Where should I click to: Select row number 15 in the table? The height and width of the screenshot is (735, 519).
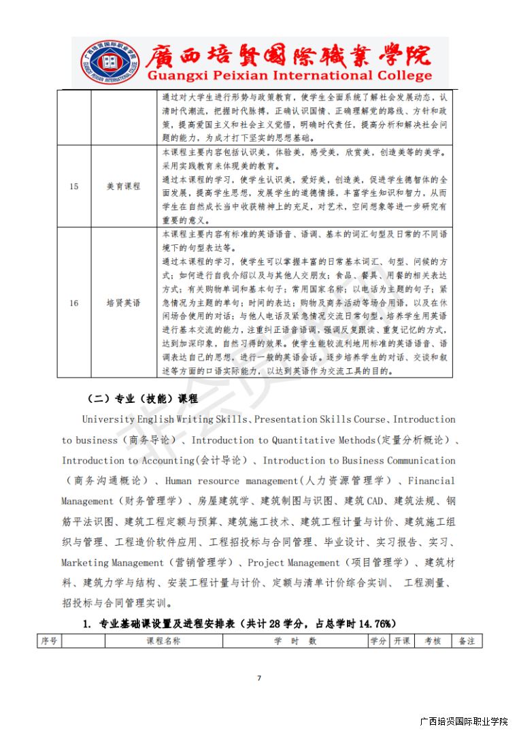click(x=74, y=186)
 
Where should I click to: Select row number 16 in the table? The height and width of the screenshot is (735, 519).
click(x=74, y=303)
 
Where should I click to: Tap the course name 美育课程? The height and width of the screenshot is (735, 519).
click(x=124, y=186)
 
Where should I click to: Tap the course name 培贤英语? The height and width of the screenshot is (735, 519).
click(x=124, y=303)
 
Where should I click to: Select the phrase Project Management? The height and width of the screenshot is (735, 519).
click(x=293, y=563)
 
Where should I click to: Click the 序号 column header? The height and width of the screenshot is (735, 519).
click(x=49, y=641)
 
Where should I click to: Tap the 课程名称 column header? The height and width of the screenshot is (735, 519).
click(x=163, y=641)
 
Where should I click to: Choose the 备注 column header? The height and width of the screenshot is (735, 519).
click(x=467, y=641)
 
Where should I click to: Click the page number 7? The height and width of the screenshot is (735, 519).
click(x=259, y=678)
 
